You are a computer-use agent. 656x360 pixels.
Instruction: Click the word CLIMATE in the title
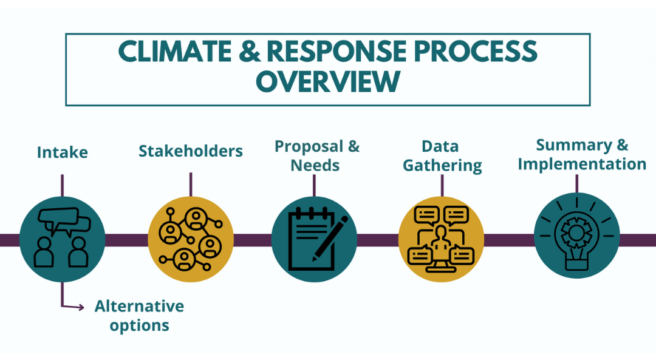[174, 52]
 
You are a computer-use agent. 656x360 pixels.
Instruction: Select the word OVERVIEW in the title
[327, 82]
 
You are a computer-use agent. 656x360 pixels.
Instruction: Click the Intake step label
[62, 152]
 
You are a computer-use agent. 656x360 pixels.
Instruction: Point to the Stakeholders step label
[191, 151]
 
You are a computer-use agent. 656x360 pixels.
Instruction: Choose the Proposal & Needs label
[316, 155]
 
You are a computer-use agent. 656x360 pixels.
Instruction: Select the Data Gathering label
[442, 155]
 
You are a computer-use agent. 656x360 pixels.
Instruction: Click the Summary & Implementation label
[581, 154]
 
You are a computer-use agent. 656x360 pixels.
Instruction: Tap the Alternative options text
[139, 315]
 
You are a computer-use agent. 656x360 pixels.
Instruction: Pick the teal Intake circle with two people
[62, 239]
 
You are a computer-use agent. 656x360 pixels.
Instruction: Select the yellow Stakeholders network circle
[191, 239]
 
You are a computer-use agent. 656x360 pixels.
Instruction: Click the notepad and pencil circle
[314, 239]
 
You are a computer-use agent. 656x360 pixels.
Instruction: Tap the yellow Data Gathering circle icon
[441, 239]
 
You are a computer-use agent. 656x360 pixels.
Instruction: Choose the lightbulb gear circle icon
[576, 236]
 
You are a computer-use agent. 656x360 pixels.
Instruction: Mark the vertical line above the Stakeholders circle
[191, 184]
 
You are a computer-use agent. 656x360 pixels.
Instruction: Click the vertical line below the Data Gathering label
[442, 185]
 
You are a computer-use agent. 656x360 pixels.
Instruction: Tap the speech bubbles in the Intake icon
[63, 220]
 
